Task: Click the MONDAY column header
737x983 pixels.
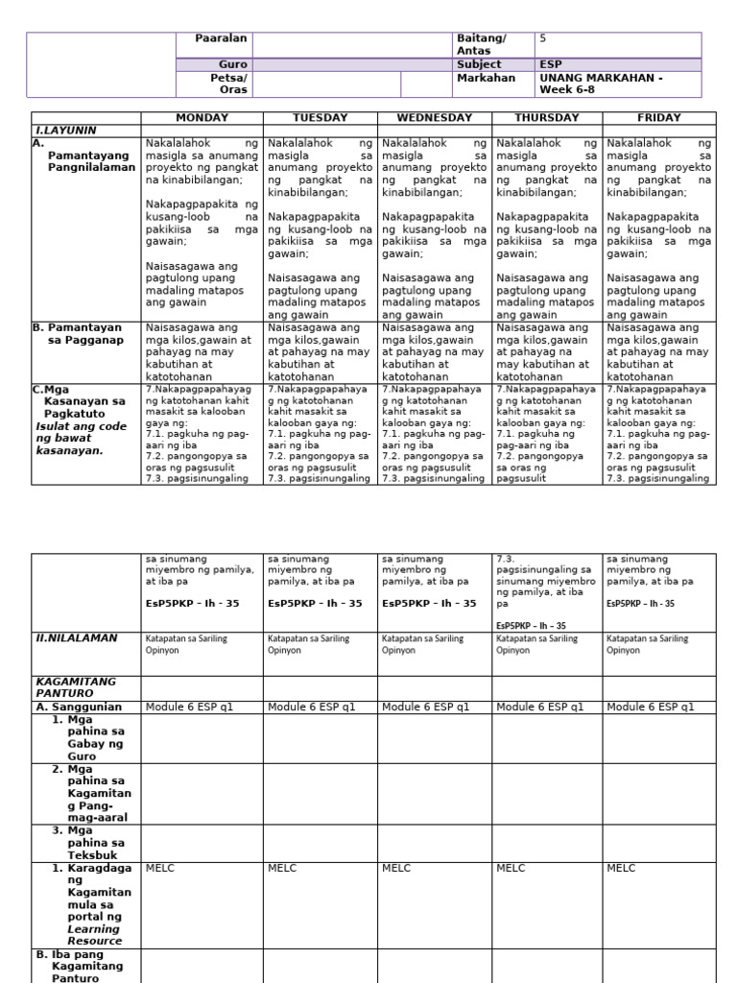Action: [x=202, y=118]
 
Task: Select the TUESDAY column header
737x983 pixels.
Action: [x=320, y=118]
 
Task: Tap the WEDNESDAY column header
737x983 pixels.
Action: [x=435, y=118]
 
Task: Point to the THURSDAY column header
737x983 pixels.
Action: [x=547, y=118]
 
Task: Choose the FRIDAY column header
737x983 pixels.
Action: [x=658, y=118]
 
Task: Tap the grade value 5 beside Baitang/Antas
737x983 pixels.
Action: [x=543, y=38]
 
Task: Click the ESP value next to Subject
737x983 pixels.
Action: [x=550, y=64]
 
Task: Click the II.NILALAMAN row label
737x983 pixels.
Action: [x=77, y=636]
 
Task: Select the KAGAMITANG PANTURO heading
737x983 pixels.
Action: [x=75, y=686]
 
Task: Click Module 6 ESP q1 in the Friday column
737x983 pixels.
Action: [x=651, y=707]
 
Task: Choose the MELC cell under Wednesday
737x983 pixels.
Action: [x=395, y=868]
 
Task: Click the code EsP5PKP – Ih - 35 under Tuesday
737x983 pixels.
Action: [x=315, y=604]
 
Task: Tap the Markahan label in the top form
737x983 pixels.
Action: [x=486, y=78]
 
